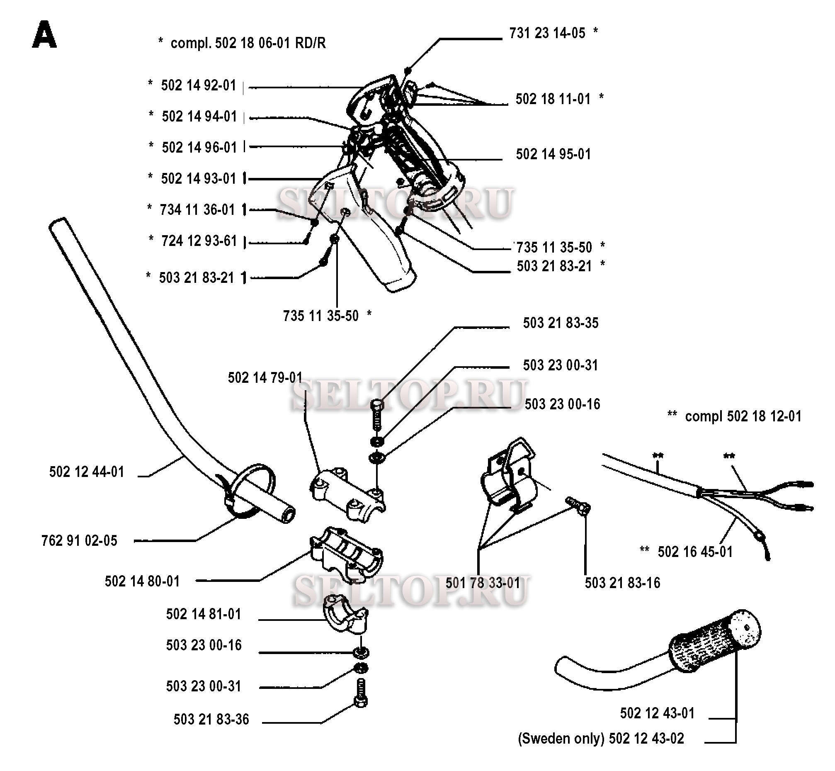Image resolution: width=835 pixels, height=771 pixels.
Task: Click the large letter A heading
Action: click(x=44, y=36)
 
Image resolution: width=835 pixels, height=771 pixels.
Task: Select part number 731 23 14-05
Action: click(x=547, y=33)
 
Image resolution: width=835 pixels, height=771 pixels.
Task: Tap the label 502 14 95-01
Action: click(x=553, y=154)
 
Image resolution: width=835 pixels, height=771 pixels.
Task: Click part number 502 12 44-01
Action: click(x=87, y=472)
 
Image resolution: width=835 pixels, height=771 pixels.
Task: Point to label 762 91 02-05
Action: click(x=79, y=541)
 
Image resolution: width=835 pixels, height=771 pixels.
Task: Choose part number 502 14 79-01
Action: click(x=265, y=377)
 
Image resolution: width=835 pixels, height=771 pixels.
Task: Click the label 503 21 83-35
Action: click(x=561, y=323)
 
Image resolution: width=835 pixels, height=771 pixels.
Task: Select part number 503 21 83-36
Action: click(x=211, y=719)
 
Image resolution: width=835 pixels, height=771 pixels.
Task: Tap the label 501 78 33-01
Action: click(x=483, y=583)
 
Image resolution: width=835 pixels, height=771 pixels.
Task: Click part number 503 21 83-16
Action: click(x=622, y=583)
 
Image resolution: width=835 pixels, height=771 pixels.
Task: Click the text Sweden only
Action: click(x=561, y=739)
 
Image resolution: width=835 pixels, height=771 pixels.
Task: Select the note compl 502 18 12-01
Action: click(x=743, y=416)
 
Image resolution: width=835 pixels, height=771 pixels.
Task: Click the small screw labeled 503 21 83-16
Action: click(x=578, y=505)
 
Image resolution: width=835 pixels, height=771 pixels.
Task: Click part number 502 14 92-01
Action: click(x=199, y=85)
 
